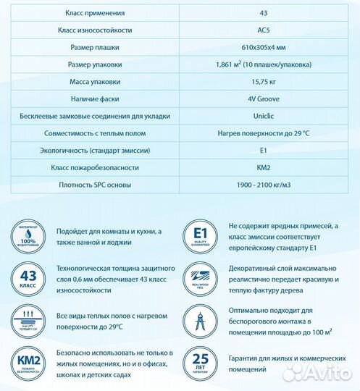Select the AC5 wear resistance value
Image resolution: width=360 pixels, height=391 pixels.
point(264,30)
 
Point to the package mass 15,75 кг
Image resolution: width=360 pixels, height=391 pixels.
point(264,82)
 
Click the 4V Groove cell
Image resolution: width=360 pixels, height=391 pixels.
point(264,99)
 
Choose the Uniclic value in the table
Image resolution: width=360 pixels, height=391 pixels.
point(264,116)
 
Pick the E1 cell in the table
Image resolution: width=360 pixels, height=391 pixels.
point(264,150)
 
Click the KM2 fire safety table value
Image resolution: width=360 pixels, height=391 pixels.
point(264,167)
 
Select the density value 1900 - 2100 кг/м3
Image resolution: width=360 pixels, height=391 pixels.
point(264,185)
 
